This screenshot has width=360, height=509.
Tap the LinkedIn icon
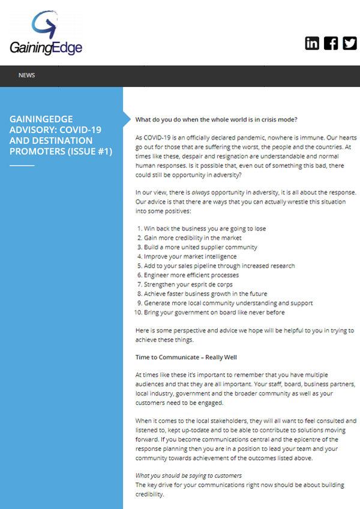point(312,43)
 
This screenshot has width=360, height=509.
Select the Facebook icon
point(331,43)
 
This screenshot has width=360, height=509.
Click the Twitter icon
point(349,43)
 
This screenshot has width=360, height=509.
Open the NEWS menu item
point(26,76)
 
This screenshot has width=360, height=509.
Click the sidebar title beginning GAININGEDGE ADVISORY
point(61,135)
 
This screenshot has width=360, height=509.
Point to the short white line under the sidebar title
point(22,165)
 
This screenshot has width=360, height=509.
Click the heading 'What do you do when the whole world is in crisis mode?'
point(217,119)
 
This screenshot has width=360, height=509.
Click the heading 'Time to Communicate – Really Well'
point(186,357)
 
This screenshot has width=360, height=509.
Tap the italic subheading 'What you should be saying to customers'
point(188,475)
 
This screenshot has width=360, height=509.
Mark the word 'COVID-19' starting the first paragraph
point(158,137)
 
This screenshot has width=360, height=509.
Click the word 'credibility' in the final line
point(149,494)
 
